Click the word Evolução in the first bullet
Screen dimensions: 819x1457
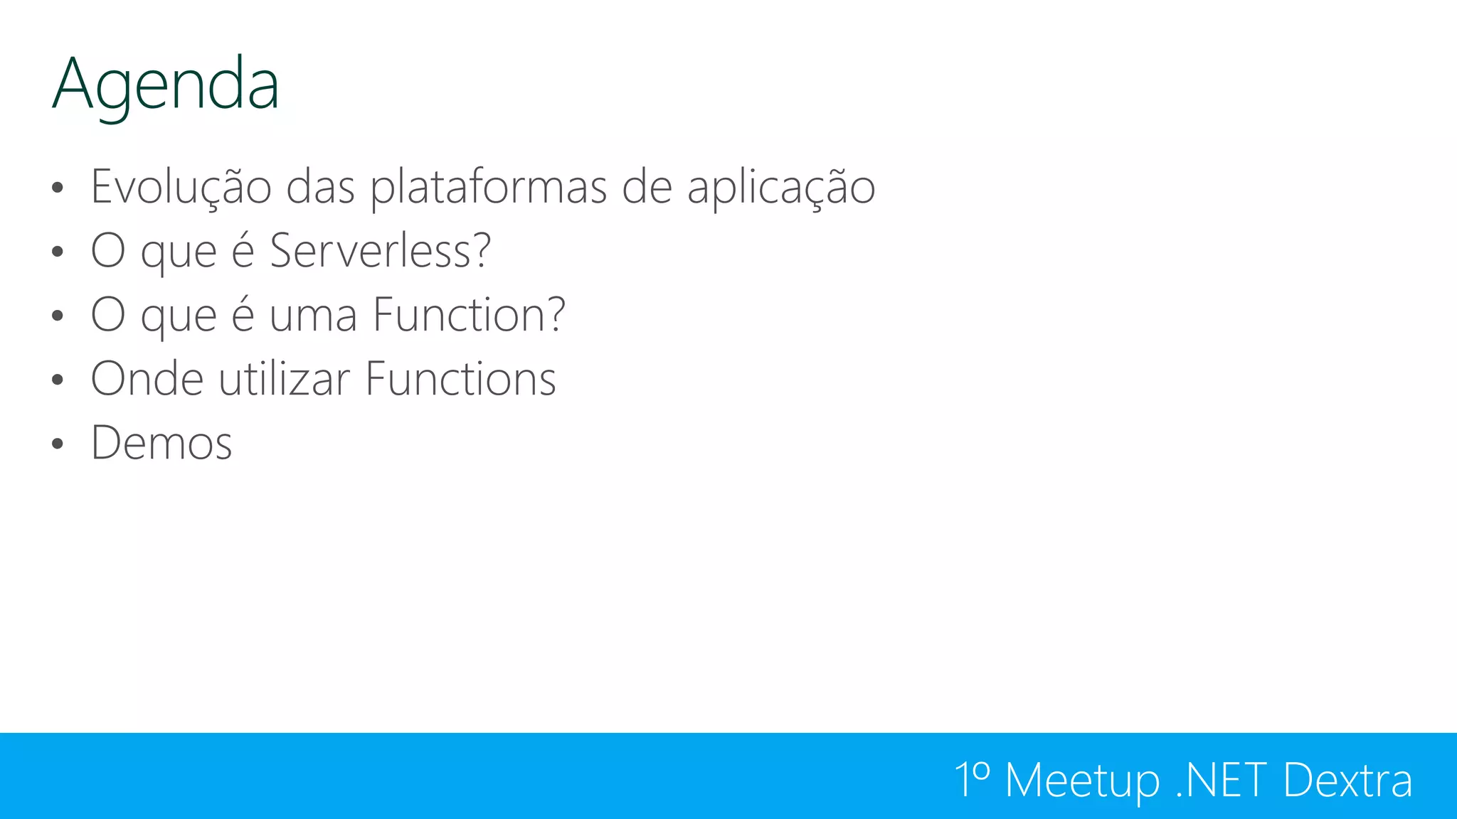pos(181,187)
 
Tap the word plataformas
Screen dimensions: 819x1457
pos(489,188)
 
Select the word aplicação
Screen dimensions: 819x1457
pos(780,188)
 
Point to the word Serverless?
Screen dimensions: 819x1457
pos(380,251)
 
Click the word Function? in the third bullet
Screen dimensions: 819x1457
pos(469,315)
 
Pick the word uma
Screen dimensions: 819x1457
pos(313,317)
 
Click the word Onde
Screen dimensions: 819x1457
pos(147,379)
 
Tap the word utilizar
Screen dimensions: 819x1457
pos(285,379)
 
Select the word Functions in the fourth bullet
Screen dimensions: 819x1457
pos(460,379)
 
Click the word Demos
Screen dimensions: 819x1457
pos(161,444)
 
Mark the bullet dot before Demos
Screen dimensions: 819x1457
pos(58,444)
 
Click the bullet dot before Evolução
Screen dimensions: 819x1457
pos(58,188)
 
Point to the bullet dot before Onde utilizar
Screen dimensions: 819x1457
pos(58,380)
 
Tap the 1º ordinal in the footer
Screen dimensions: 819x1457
pos(972,780)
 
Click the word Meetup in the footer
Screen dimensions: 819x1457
pos(1082,781)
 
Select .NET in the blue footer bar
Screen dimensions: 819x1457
pos(1221,780)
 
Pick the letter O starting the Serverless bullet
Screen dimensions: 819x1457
pos(108,251)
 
